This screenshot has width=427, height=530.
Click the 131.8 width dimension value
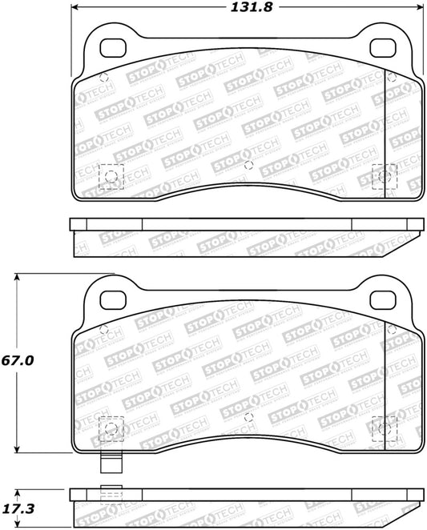pos(252,7)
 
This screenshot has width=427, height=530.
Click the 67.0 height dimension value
pos(18,360)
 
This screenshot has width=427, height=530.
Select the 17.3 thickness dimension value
pos(18,508)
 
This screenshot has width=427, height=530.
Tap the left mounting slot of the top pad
pos(113,48)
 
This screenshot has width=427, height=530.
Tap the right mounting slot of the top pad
pos(383,48)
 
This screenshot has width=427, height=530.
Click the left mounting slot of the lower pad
pos(113,299)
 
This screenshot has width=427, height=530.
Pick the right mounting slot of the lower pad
pos(383,299)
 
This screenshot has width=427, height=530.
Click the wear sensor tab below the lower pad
pos(111,463)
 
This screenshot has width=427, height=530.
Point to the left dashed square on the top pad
pos(111,176)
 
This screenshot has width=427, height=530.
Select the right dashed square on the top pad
pos(385,176)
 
